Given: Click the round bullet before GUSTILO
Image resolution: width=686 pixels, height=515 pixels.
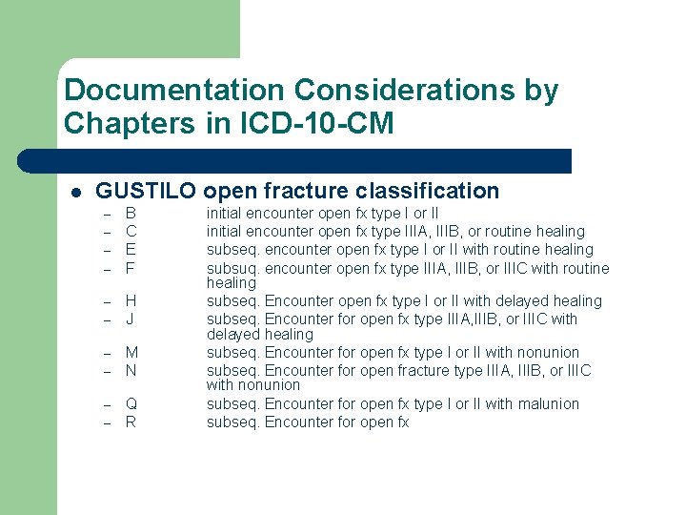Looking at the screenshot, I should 76,192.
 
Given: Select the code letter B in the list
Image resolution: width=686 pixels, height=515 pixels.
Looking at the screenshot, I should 131,214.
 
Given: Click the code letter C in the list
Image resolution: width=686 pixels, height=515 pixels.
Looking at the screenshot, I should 131,231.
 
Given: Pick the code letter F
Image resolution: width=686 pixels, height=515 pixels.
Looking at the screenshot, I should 131,267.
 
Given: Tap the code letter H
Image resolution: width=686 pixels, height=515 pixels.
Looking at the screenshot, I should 131,301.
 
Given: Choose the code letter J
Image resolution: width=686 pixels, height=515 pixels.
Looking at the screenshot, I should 131,319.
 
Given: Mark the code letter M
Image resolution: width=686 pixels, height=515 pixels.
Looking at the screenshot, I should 132,353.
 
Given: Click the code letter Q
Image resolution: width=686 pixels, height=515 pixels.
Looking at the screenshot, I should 132,404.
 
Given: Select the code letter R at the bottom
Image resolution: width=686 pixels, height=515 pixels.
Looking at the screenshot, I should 131,422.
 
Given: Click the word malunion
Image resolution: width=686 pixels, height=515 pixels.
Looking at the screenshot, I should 546,404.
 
